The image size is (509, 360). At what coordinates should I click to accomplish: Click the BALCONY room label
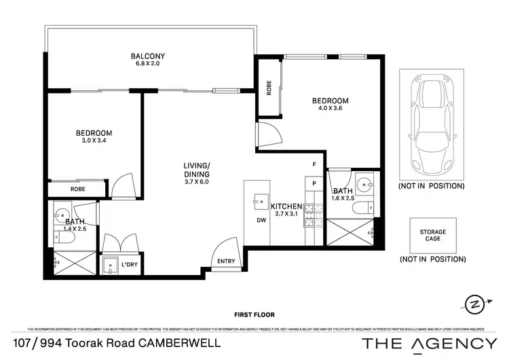148,56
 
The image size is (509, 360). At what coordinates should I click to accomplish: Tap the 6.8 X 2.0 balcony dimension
148,65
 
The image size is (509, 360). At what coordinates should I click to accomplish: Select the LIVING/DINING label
197,170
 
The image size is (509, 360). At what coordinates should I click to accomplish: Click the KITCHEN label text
286,206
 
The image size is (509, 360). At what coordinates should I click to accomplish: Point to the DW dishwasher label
261,220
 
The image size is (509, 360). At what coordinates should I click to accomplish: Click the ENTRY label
227,262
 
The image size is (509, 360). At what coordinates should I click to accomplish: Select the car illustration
431,124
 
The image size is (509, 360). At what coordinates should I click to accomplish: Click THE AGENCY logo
429,343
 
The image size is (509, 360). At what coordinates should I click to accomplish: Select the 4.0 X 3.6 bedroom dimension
330,110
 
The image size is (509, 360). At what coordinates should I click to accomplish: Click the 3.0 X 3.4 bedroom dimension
94,141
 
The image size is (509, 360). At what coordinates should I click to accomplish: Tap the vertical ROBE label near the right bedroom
269,88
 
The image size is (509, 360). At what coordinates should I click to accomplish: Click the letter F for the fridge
314,165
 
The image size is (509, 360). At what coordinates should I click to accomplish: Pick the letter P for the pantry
314,183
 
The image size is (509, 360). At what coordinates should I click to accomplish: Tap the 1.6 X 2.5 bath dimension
343,198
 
